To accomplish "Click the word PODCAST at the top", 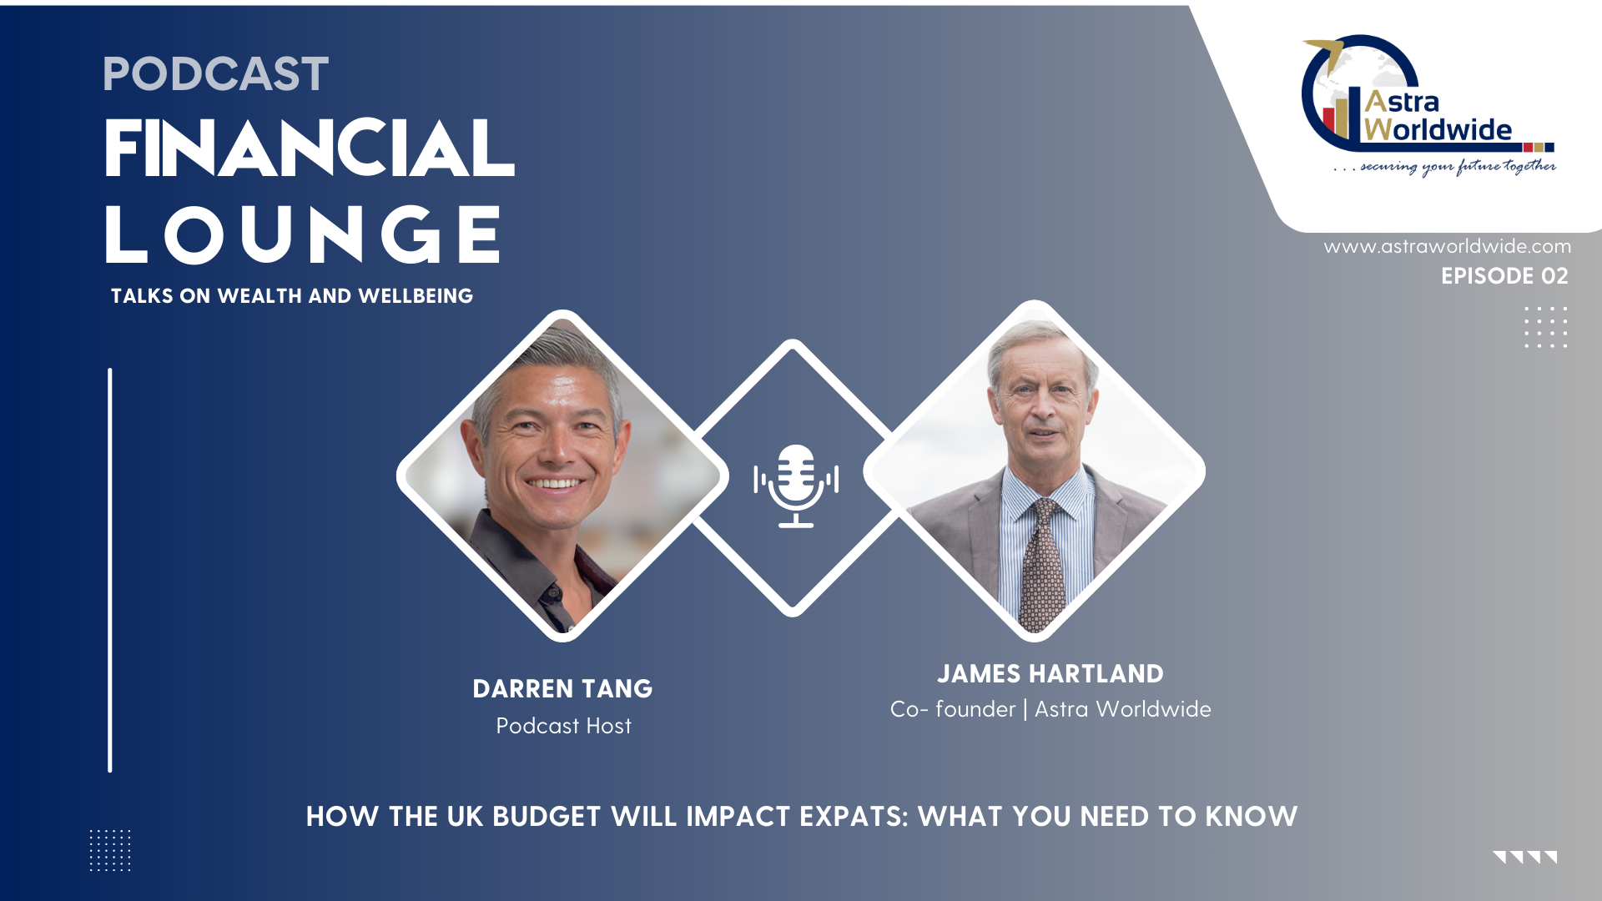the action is tap(215, 74).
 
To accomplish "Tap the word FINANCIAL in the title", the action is tap(310, 148).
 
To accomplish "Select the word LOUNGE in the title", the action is tap(303, 234).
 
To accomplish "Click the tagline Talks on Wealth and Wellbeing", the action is tap(292, 296).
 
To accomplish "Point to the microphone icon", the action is tap(796, 486).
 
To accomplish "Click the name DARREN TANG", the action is tap(562, 689).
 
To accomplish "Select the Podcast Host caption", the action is tap(563, 726).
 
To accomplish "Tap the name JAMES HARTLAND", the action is tap(1050, 674).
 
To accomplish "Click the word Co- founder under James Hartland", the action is tap(953, 709).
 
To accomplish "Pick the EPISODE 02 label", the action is tap(1504, 276).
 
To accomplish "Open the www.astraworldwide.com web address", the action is tap(1448, 246).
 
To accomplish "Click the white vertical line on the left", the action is tap(110, 570).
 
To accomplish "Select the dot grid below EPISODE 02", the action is tap(1546, 327).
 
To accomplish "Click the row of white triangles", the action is tap(1525, 857).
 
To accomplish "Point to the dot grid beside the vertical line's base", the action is tap(110, 850).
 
